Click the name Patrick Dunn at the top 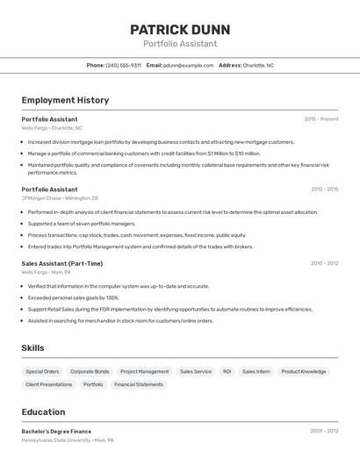179,28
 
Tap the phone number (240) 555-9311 123,65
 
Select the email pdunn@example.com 188,65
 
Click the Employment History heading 65,100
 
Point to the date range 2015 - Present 321,118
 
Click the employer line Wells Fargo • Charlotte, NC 52,128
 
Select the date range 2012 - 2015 324,189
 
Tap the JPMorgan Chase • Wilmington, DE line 60,198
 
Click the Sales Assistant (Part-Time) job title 62,263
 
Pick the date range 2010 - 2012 324,263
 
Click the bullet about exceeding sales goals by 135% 74,297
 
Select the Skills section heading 32,348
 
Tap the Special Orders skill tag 42,371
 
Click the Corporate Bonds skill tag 90,371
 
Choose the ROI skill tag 227,371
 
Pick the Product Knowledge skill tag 303,371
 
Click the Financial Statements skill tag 139,384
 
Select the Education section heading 43,411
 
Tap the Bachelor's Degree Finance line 56,431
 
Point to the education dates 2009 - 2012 324,431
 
